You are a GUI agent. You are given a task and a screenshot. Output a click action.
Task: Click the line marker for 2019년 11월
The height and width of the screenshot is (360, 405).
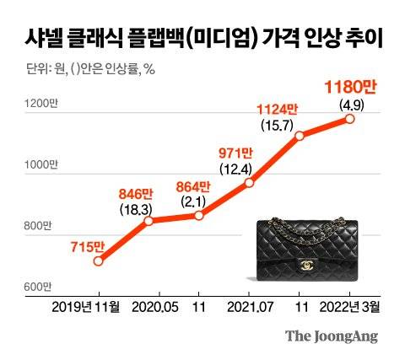[99, 261]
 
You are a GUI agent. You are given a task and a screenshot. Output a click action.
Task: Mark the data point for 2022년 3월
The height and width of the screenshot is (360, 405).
[350, 119]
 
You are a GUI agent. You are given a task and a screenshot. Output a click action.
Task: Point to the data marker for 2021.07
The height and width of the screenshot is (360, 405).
[250, 183]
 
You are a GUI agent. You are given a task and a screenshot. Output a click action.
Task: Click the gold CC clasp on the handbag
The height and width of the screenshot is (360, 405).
[305, 264]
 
